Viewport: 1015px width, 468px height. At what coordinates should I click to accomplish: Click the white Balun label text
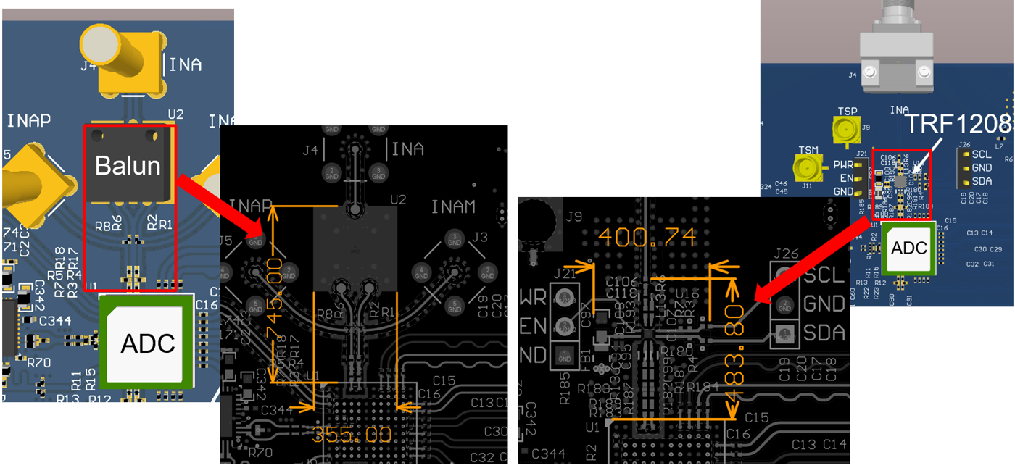pyautogui.click(x=128, y=166)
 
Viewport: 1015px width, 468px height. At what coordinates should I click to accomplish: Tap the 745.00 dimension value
pyautogui.click(x=274, y=296)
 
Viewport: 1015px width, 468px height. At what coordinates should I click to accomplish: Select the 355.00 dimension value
pyautogui.click(x=352, y=435)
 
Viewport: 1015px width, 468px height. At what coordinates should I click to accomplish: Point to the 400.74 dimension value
pyautogui.click(x=647, y=236)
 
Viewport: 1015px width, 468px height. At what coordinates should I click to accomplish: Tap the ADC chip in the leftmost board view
pyautogui.click(x=147, y=343)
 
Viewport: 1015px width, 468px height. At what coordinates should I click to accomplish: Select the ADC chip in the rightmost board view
pyautogui.click(x=908, y=248)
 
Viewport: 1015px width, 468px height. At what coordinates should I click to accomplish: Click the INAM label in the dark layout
pyautogui.click(x=453, y=208)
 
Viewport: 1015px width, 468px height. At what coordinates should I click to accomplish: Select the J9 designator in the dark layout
pyautogui.click(x=574, y=216)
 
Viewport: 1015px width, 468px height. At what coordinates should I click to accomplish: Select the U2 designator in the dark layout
pyautogui.click(x=398, y=199)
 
